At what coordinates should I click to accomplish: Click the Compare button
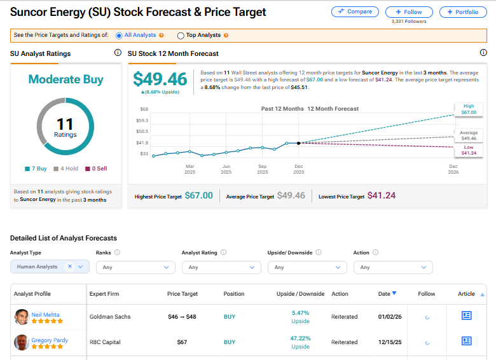click(x=355, y=11)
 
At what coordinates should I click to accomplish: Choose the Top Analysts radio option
click(x=181, y=36)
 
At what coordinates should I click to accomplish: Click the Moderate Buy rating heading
click(x=65, y=80)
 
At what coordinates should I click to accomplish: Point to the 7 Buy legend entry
click(x=37, y=169)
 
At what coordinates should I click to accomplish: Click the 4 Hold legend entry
click(x=65, y=169)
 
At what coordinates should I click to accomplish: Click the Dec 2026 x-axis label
click(x=453, y=169)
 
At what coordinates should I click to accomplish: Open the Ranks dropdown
click(x=135, y=267)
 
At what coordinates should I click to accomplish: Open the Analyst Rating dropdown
click(x=221, y=267)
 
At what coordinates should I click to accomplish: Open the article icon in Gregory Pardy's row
click(x=466, y=342)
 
